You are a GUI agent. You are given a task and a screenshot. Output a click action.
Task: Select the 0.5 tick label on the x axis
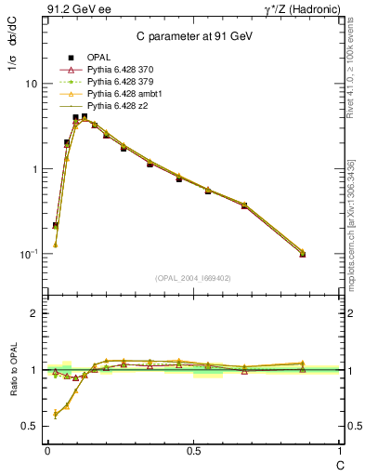[x=193, y=450]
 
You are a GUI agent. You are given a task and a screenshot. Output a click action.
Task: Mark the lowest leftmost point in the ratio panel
[x=56, y=414]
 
